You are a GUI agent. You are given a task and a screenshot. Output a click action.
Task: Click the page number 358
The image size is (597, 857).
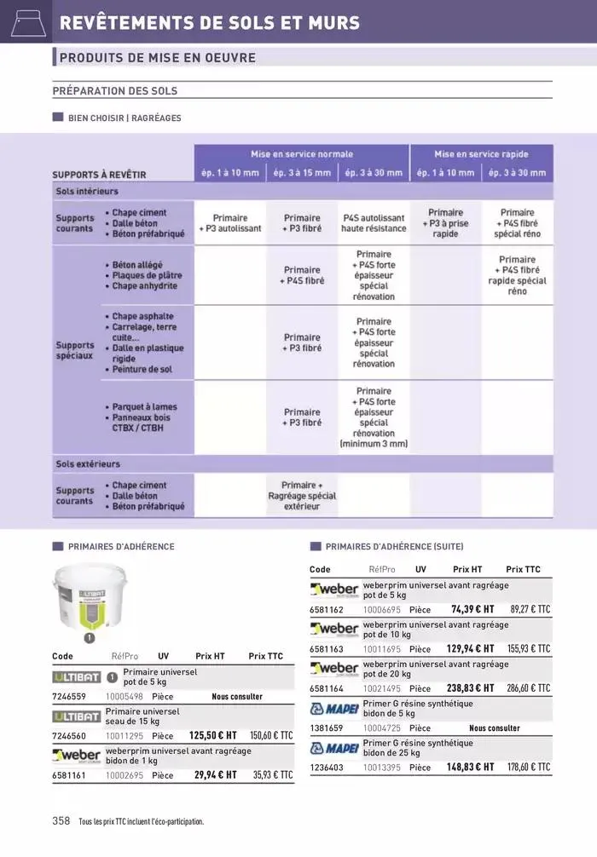pyautogui.click(x=61, y=821)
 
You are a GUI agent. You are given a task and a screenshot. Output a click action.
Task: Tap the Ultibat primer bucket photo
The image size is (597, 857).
pyautogui.click(x=89, y=595)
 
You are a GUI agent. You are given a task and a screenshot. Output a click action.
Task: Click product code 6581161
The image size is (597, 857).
pyautogui.click(x=69, y=775)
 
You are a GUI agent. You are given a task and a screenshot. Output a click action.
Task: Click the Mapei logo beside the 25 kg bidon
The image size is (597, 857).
pyautogui.click(x=333, y=748)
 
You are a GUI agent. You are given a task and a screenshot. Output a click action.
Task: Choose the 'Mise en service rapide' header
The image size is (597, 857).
pyautogui.click(x=481, y=154)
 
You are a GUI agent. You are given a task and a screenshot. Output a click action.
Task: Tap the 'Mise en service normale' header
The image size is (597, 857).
pyautogui.click(x=301, y=154)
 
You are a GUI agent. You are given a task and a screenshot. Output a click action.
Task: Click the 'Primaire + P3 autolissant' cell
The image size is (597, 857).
pyautogui.click(x=230, y=223)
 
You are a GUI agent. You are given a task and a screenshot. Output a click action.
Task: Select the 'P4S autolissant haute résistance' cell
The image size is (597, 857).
pyautogui.click(x=374, y=223)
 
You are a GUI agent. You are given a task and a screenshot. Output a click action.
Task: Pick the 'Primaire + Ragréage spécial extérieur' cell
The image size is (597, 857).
pyautogui.click(x=302, y=495)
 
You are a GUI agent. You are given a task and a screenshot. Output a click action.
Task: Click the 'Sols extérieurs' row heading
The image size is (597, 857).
pyautogui.click(x=88, y=464)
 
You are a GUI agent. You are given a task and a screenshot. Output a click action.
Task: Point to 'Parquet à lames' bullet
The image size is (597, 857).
pyautogui.click(x=144, y=407)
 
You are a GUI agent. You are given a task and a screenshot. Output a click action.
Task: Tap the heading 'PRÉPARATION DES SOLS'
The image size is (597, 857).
pyautogui.click(x=115, y=90)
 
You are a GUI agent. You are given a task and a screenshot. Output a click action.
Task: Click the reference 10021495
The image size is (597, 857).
pyautogui.click(x=381, y=688)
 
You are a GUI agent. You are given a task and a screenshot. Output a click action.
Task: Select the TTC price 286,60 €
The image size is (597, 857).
pyautogui.click(x=530, y=688)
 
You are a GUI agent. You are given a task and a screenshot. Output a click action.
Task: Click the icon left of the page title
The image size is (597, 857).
pyautogui.click(x=26, y=22)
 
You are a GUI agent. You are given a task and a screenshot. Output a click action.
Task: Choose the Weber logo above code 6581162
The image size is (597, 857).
pyautogui.click(x=333, y=590)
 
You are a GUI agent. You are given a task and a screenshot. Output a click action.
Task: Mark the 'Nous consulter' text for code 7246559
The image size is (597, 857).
pyautogui.click(x=237, y=696)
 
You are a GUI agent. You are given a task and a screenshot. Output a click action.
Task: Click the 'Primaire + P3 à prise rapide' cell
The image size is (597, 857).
pyautogui.click(x=446, y=223)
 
